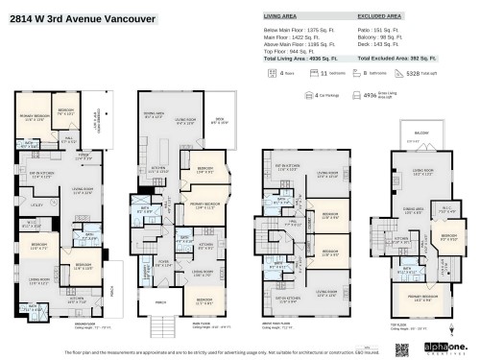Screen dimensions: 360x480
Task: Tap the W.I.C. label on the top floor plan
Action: coord(450,211)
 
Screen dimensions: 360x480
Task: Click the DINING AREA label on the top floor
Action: coord(414,208)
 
